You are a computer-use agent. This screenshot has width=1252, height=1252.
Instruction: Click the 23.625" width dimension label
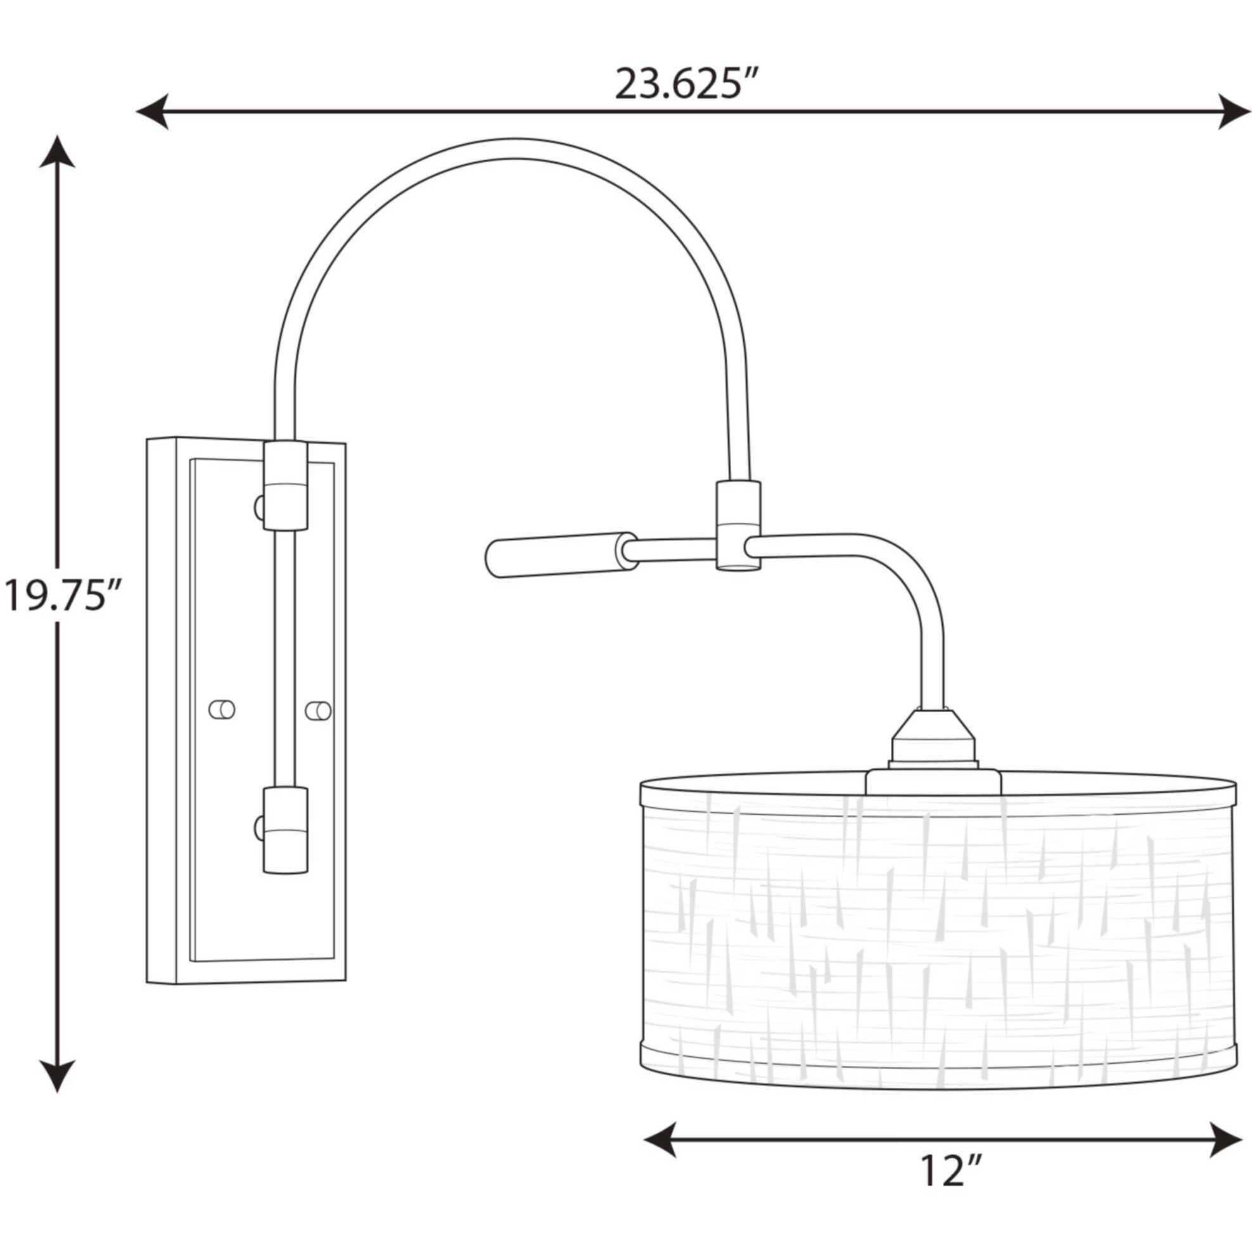[x=686, y=85]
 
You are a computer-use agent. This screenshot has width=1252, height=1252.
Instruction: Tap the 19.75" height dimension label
[x=63, y=596]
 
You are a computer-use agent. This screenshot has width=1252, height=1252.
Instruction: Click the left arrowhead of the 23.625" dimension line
[x=153, y=112]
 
